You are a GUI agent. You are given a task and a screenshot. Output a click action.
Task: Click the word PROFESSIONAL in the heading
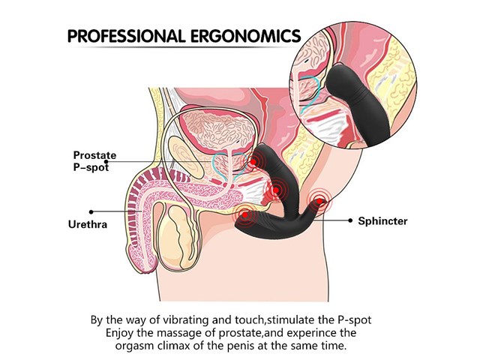pos(127,36)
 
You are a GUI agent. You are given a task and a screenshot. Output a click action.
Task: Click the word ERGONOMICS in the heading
pos(246,36)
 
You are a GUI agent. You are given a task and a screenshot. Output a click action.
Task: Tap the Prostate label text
pos(94,155)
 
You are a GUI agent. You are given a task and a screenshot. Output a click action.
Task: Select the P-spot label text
pos(91,167)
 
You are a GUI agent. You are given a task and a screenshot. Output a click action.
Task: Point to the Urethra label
pos(88,224)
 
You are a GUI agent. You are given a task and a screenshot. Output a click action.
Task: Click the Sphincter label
pos(382,221)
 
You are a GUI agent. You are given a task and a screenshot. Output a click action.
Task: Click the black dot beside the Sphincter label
pos(350,220)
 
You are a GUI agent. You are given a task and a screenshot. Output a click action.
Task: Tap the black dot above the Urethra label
pos(91,211)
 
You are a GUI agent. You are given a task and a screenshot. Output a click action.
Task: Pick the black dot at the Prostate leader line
pos(106,161)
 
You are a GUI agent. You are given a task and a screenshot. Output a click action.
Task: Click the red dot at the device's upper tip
pos(253,162)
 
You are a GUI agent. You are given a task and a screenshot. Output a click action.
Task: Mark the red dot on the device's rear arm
pos(319,201)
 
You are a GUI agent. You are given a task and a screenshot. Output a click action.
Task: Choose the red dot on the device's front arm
pos(245,215)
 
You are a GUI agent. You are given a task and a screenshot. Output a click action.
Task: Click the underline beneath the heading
pos(184,47)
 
